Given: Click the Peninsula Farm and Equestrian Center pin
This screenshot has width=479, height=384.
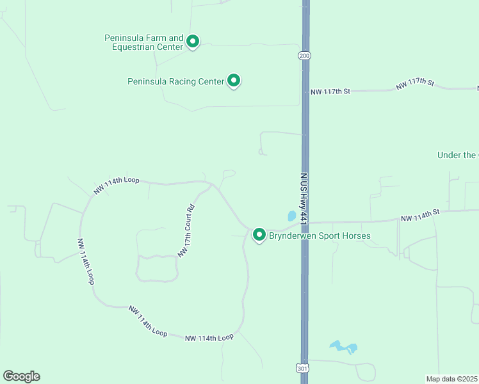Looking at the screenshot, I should (192, 42).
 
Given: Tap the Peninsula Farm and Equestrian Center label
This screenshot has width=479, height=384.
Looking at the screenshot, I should (144, 42).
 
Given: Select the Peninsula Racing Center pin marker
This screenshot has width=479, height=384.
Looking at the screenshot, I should (234, 81).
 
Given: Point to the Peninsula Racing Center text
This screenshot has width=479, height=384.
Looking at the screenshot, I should (176, 81).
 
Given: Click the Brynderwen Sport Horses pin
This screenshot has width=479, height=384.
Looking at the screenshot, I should (259, 235).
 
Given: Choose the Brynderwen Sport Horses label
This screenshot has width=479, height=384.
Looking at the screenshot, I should (319, 236).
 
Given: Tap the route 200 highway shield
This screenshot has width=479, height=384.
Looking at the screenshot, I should (304, 56).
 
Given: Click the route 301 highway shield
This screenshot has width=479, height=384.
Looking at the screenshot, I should (302, 368).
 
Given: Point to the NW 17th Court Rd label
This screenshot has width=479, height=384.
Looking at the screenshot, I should (186, 231).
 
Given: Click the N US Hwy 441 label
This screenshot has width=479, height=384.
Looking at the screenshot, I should (304, 191).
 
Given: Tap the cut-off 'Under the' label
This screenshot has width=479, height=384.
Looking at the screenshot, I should (457, 155).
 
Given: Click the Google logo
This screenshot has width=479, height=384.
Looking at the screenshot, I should (21, 376).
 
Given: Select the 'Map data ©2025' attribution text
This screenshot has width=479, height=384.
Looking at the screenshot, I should (452, 378).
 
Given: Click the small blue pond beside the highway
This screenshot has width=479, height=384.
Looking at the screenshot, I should (291, 216).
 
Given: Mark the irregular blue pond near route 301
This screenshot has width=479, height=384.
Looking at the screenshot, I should (343, 348).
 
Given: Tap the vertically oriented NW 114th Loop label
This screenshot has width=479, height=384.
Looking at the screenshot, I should (86, 262).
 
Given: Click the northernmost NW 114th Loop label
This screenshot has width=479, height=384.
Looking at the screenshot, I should (117, 185).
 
